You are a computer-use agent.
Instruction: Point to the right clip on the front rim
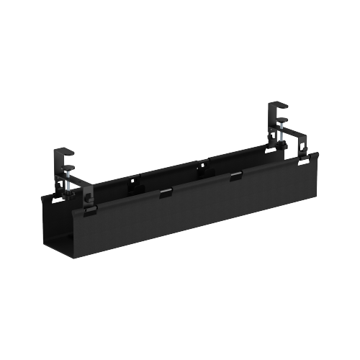click(x=235, y=175)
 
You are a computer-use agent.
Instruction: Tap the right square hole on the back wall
click(x=202, y=168)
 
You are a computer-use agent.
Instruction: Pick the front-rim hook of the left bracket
click(x=89, y=210)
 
